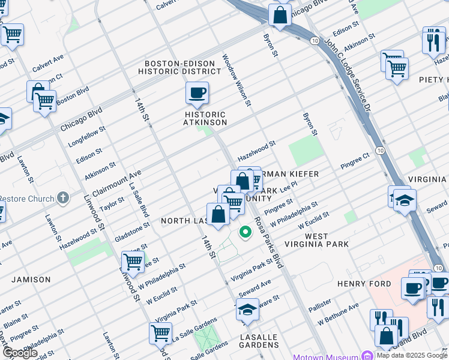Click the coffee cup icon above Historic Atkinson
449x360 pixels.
click(197, 93)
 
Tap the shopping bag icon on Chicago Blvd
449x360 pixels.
click(280, 15)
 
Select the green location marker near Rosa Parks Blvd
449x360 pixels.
click(245, 232)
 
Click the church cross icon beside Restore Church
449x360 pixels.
click(63, 199)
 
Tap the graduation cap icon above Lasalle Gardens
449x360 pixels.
click(247, 310)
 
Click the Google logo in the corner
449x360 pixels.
click(20, 352)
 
